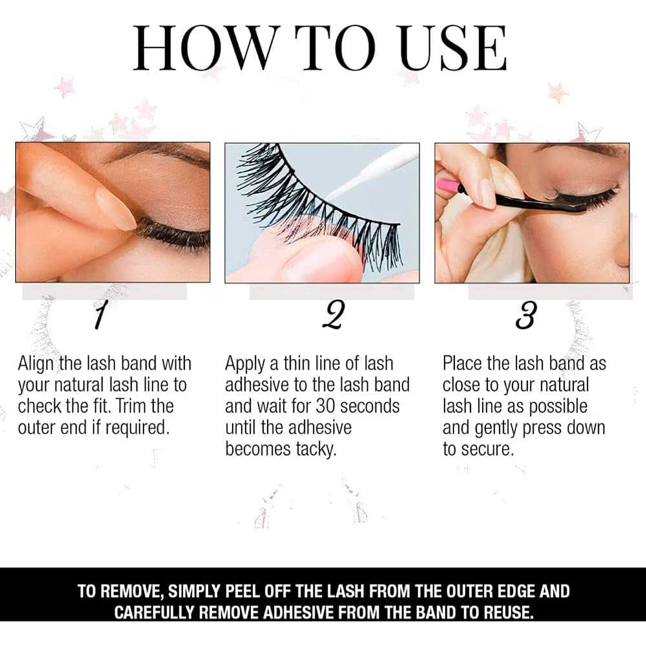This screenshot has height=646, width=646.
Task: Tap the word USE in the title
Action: pyautogui.click(x=453, y=48)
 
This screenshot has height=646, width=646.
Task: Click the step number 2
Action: pyautogui.click(x=333, y=316)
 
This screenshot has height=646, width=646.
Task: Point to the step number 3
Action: pyautogui.click(x=526, y=316)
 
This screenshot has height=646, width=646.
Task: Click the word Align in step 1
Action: pyautogui.click(x=37, y=364)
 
